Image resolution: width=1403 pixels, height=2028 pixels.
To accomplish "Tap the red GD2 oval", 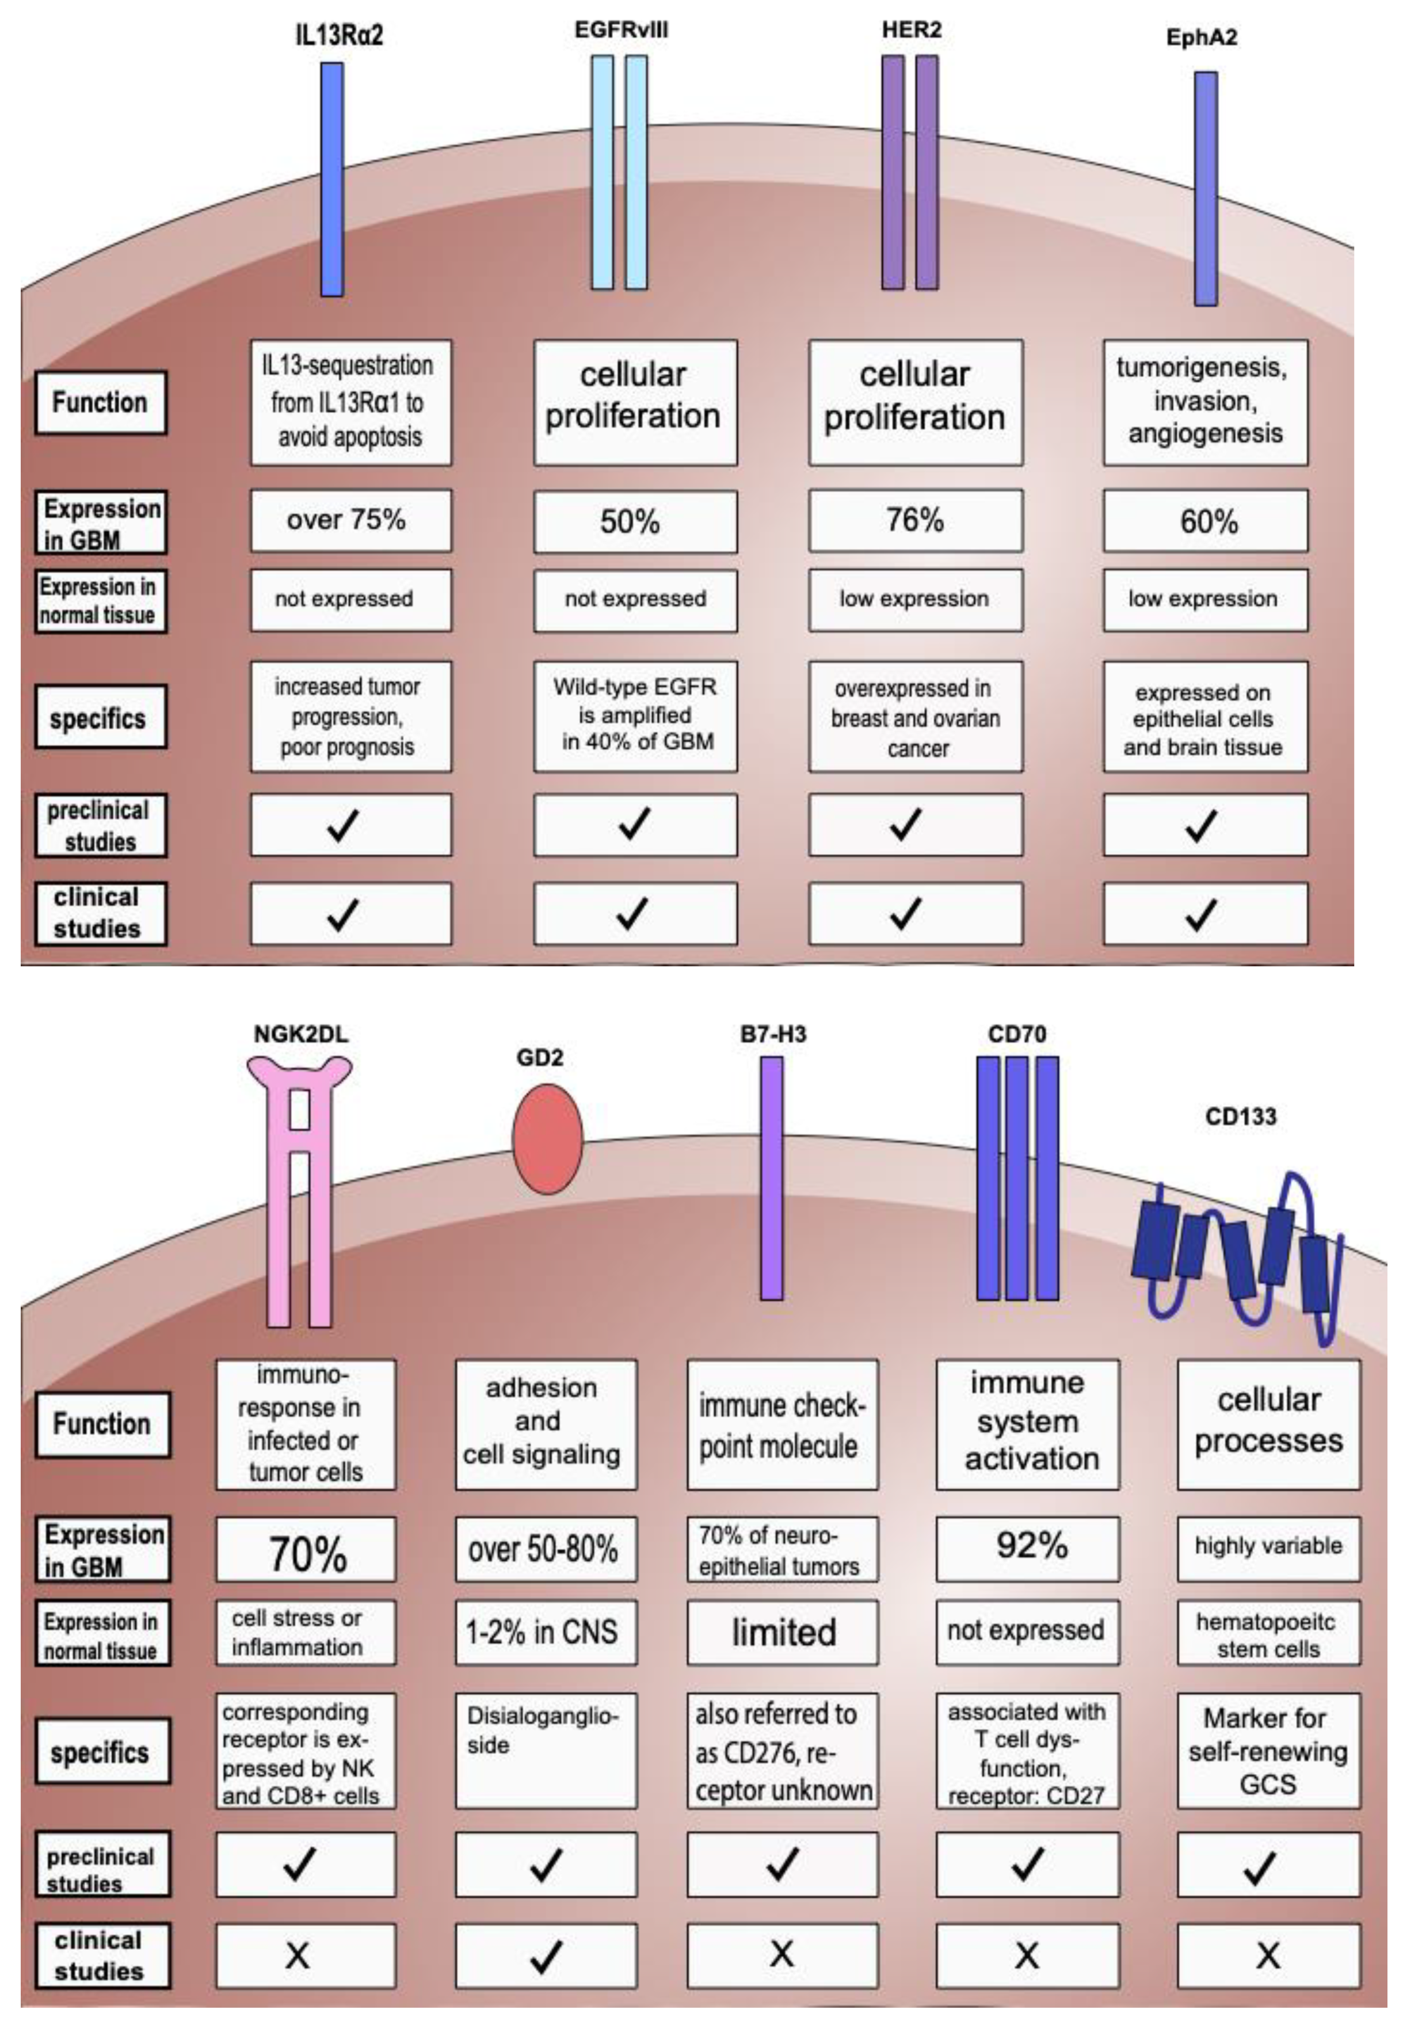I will tap(547, 1138).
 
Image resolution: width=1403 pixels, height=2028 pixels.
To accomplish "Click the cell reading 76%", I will tap(914, 520).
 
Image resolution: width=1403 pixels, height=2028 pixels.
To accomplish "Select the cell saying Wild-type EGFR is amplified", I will tap(635, 715).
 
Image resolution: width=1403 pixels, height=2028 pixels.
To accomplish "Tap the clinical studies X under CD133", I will tap(1268, 1956).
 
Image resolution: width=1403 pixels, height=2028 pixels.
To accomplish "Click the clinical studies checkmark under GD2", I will tap(545, 1956).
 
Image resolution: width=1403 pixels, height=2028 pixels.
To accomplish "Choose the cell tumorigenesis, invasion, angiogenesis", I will tap(1204, 402).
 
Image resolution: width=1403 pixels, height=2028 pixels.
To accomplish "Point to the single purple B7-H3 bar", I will tap(771, 1178).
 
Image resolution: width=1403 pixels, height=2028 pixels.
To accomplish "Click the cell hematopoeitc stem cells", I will tap(1268, 1633).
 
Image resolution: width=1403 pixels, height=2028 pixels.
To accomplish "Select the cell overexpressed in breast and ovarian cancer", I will tap(915, 716).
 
